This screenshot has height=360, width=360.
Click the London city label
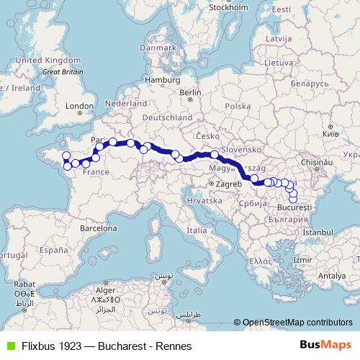coord(75,105)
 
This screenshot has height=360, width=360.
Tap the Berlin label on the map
coord(190,92)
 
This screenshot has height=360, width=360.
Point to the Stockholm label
coord(228,7)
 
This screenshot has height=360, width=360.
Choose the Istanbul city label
coord(318,233)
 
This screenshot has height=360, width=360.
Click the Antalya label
coord(333,276)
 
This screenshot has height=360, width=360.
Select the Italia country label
coord(196,230)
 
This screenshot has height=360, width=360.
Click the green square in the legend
coord(9,346)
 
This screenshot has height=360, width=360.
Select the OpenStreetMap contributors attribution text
coord(299,323)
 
